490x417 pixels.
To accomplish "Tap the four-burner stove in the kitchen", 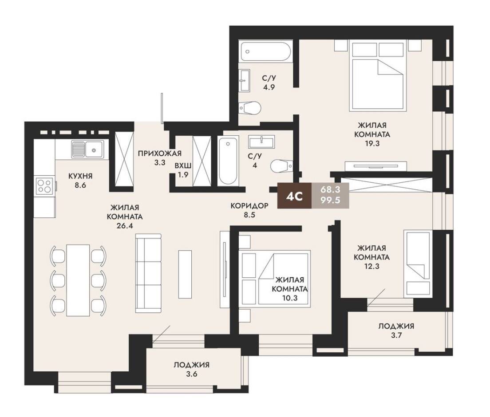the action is pyautogui.click(x=44, y=185).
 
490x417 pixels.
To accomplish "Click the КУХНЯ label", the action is pyautogui.click(x=81, y=176).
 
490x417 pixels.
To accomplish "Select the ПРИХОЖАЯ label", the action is pyautogui.click(x=160, y=153).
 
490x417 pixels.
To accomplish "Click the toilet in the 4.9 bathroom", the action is pyautogui.click(x=249, y=108).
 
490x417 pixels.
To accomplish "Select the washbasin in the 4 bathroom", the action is pyautogui.click(x=261, y=142).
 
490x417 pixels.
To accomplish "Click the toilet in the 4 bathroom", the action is pyautogui.click(x=282, y=166).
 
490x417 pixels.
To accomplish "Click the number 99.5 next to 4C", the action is pyautogui.click(x=330, y=200).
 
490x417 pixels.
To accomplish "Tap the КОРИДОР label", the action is pyautogui.click(x=249, y=205).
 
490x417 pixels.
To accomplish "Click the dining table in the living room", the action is pyautogui.click(x=78, y=280).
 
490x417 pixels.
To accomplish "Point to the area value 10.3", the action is pyautogui.click(x=289, y=298).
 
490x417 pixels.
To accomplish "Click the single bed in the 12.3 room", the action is pyautogui.click(x=418, y=264).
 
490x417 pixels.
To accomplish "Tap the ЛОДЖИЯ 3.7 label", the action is pyautogui.click(x=396, y=331).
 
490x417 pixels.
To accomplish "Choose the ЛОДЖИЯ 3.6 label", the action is pyautogui.click(x=192, y=369).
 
